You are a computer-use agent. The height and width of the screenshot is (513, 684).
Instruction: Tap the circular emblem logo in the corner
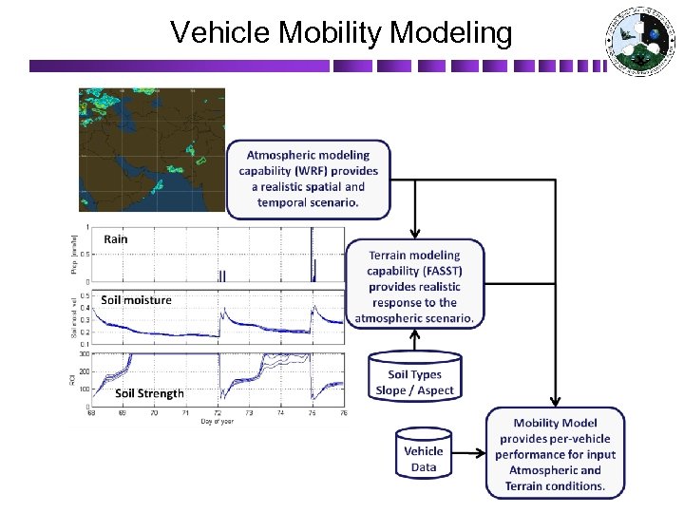click(x=638, y=42)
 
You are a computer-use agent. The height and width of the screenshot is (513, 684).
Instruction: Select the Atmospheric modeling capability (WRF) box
click(x=308, y=179)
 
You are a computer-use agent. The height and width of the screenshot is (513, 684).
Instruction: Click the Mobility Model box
click(x=556, y=453)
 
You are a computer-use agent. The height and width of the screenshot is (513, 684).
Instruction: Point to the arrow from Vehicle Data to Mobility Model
click(x=470, y=454)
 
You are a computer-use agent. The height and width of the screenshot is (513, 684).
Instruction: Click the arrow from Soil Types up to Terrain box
click(x=414, y=341)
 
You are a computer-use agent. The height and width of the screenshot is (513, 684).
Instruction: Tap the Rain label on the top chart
click(x=116, y=239)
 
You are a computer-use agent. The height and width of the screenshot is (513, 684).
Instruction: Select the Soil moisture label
click(x=137, y=300)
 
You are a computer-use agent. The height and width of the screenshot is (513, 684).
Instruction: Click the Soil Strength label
click(x=149, y=393)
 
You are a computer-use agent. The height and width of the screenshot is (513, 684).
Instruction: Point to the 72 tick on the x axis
click(x=218, y=413)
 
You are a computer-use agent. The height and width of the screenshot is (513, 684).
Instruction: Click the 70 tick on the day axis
click(x=154, y=413)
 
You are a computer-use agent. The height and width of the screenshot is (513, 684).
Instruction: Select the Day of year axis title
click(x=217, y=422)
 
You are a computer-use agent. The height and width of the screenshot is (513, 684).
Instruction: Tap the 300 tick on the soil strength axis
click(x=84, y=353)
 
